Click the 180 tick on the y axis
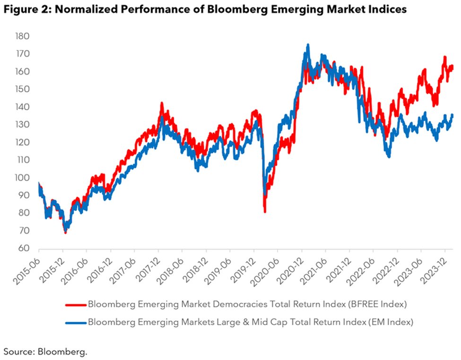(x=22, y=36)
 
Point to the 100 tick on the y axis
(x=22, y=178)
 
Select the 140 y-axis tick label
(x=22, y=107)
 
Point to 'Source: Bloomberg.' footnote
(x=46, y=351)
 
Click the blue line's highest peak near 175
(x=308, y=45)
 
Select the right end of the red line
(x=452, y=67)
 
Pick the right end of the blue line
(x=452, y=115)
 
